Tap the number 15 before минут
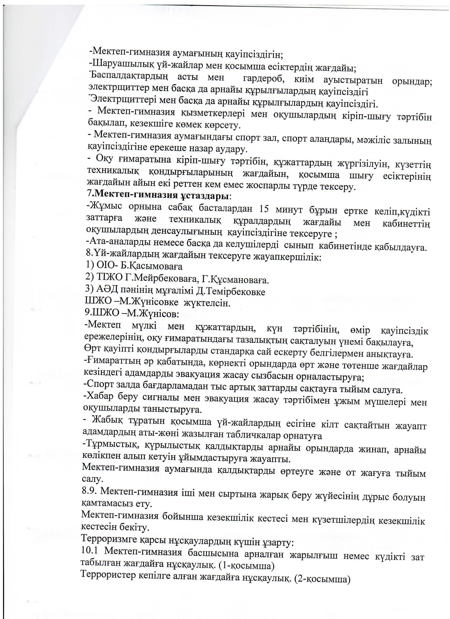pos(263,210)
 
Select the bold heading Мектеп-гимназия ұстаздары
pos(161,196)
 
